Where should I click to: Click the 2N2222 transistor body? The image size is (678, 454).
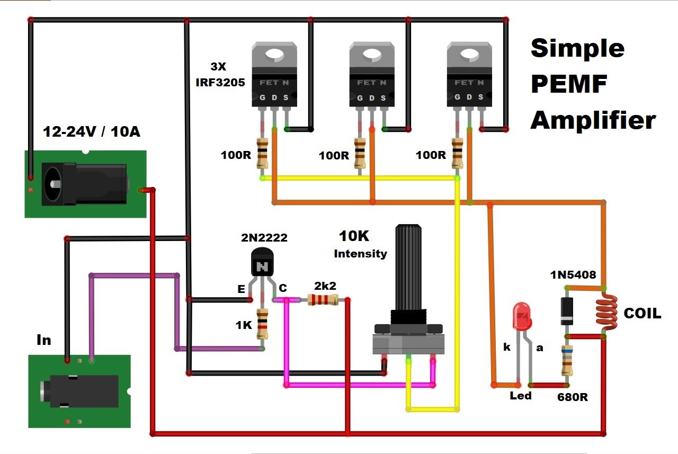click(262, 263)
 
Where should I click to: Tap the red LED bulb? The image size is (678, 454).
click(522, 316)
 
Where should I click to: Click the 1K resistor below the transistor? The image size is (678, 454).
click(262, 324)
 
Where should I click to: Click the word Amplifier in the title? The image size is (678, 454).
click(593, 120)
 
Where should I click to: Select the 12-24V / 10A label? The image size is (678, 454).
click(92, 131)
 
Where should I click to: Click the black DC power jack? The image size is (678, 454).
click(85, 184)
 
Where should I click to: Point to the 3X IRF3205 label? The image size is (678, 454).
click(228, 75)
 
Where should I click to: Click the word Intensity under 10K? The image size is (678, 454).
click(360, 254)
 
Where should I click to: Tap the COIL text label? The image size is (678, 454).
click(643, 314)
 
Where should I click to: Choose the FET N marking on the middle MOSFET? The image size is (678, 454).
click(371, 83)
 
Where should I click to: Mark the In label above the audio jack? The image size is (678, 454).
click(43, 340)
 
